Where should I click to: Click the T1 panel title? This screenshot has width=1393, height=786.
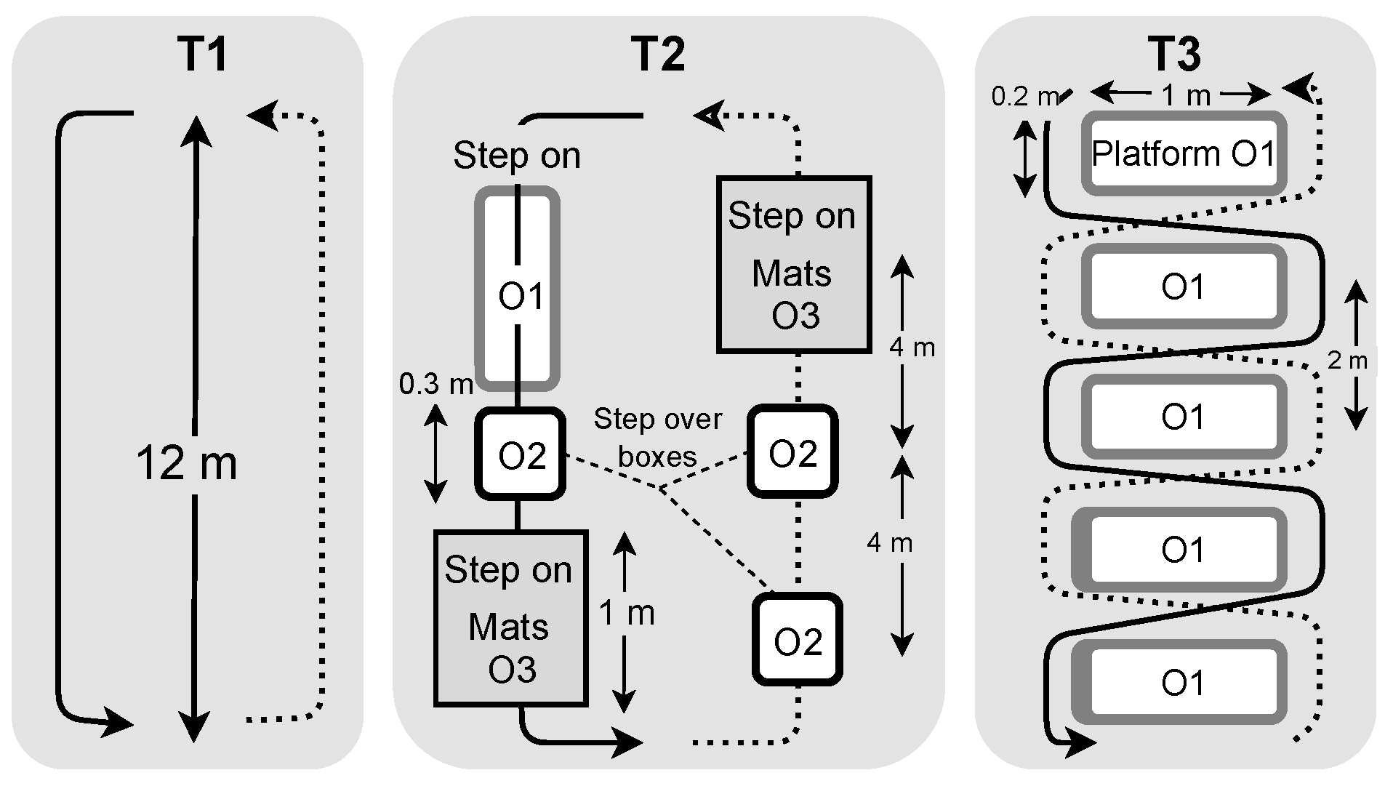pyautogui.click(x=202, y=54)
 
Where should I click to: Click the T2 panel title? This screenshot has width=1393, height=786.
pyautogui.click(x=658, y=54)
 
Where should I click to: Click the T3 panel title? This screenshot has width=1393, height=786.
pyautogui.click(x=1174, y=54)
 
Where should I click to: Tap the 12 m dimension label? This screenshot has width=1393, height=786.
pyautogui.click(x=187, y=464)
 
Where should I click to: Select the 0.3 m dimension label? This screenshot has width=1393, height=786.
pyautogui.click(x=435, y=384)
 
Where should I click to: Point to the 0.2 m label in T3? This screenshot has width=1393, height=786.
pyautogui.click(x=1024, y=97)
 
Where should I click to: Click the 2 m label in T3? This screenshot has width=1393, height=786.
pyautogui.click(x=1347, y=361)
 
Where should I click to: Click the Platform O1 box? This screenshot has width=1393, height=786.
pyautogui.click(x=1184, y=153)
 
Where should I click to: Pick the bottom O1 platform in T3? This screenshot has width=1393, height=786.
pyautogui.click(x=1184, y=682)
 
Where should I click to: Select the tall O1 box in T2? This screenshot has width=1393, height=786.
pyautogui.click(x=518, y=289)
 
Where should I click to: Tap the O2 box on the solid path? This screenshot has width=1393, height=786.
pyautogui.click(x=521, y=454)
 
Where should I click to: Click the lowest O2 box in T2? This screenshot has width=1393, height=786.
pyautogui.click(x=797, y=641)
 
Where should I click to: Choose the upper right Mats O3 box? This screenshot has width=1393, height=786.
pyautogui.click(x=794, y=265)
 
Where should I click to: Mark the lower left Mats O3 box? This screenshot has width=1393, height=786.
pyautogui.click(x=510, y=618)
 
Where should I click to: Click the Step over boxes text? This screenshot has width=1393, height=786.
pyautogui.click(x=657, y=437)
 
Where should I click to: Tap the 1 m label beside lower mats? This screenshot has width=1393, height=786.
pyautogui.click(x=627, y=613)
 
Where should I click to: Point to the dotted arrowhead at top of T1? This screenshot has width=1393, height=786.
pyautogui.click(x=262, y=115)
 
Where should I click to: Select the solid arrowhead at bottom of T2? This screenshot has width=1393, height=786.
pyautogui.click(x=626, y=742)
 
